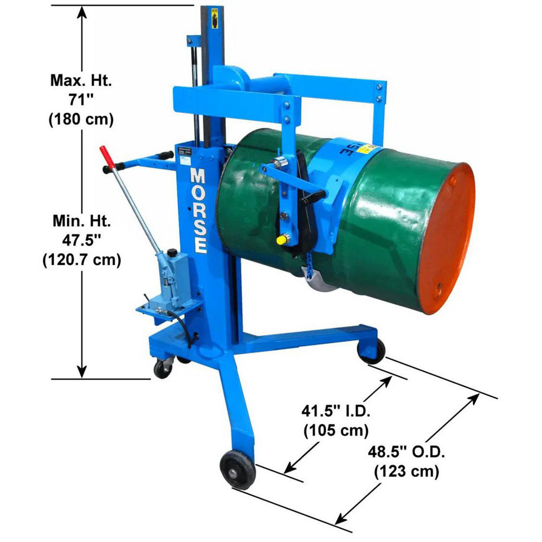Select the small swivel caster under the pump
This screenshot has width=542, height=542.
(162, 369)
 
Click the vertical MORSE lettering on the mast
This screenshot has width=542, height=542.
(198, 211)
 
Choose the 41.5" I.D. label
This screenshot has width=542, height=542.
(336, 412)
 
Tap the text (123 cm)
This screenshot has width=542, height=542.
(406, 472)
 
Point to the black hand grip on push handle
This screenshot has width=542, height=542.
(110, 169)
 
